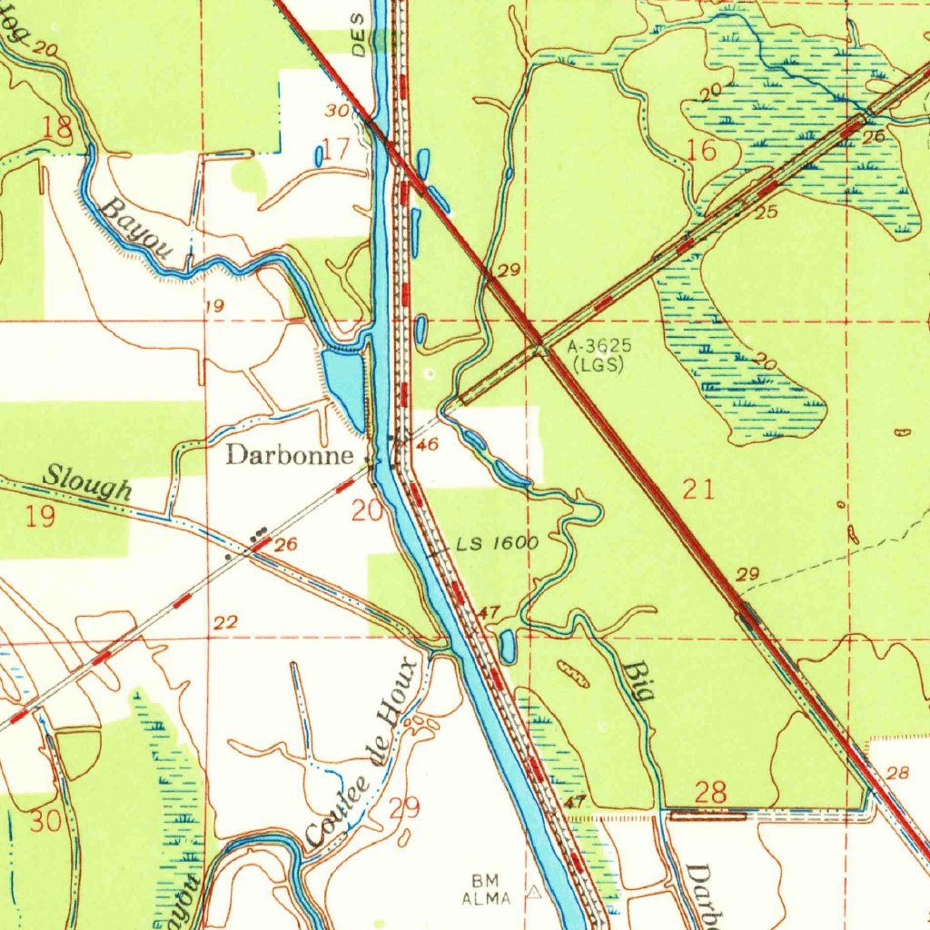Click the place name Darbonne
coord(289,455)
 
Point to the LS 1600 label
coord(498,544)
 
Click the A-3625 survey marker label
coord(598,347)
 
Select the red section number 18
coord(58,128)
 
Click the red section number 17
coord(336,149)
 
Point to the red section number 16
coord(703,151)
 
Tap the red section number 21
coord(698,490)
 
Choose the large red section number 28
coord(709,792)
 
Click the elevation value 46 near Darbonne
coord(428,444)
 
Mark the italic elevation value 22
coord(226,622)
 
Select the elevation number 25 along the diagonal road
coord(767,213)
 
